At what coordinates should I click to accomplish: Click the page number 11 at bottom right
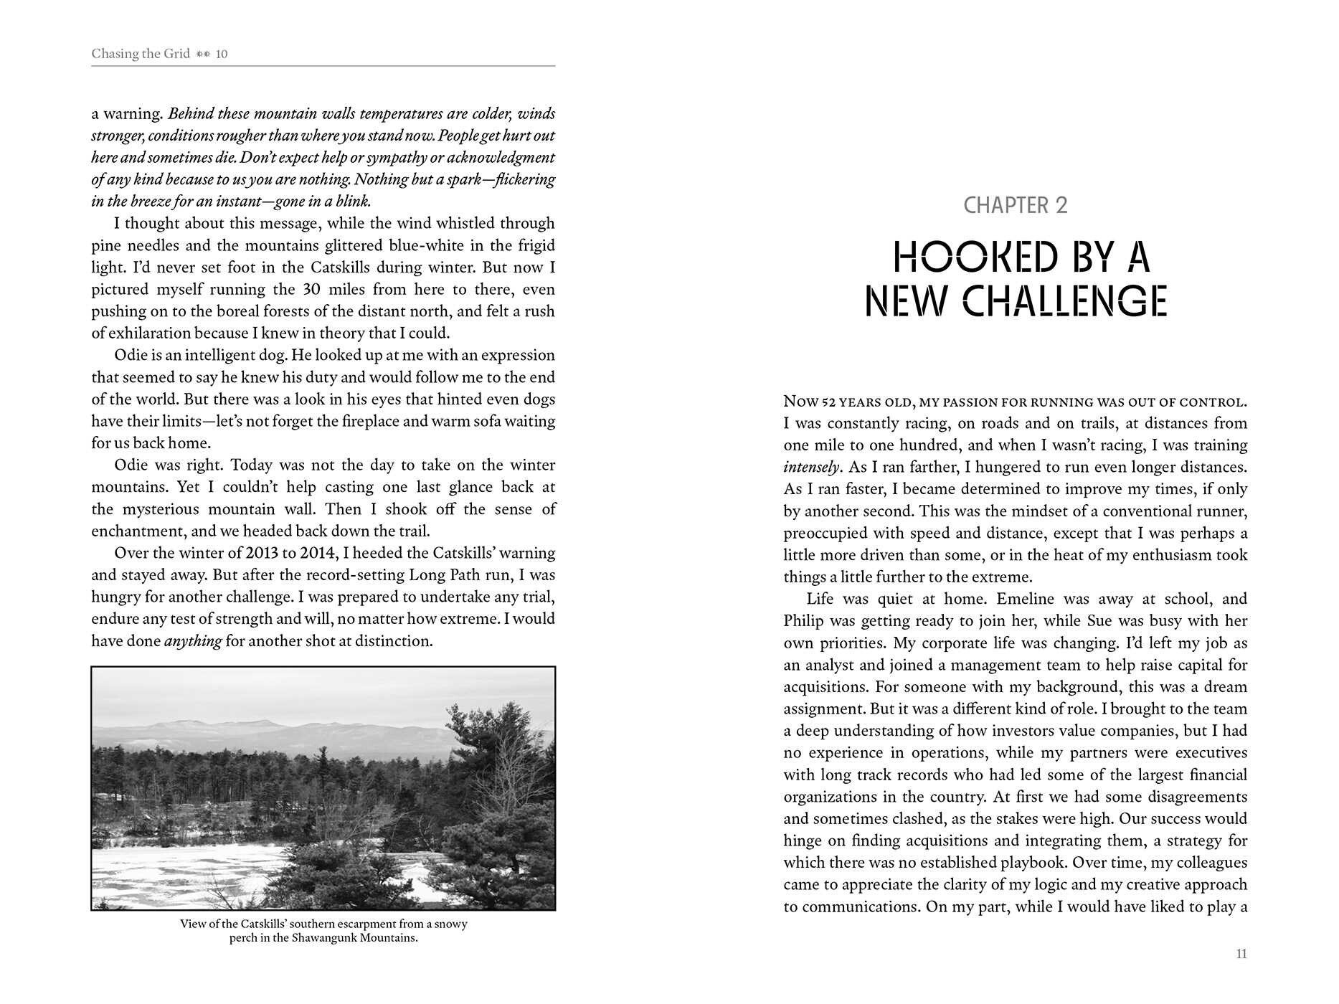pyautogui.click(x=1241, y=954)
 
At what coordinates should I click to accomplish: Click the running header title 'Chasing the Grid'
pyautogui.click(x=141, y=54)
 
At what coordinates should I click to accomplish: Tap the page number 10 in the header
pyautogui.click(x=222, y=54)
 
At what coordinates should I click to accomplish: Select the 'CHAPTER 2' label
pyautogui.click(x=1015, y=206)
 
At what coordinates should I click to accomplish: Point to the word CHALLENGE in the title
pyautogui.click(x=1064, y=301)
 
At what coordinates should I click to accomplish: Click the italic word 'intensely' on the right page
pyautogui.click(x=810, y=468)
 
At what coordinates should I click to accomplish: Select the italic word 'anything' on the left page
pyautogui.click(x=193, y=641)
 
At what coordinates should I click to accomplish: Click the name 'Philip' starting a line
pyautogui.click(x=803, y=621)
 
